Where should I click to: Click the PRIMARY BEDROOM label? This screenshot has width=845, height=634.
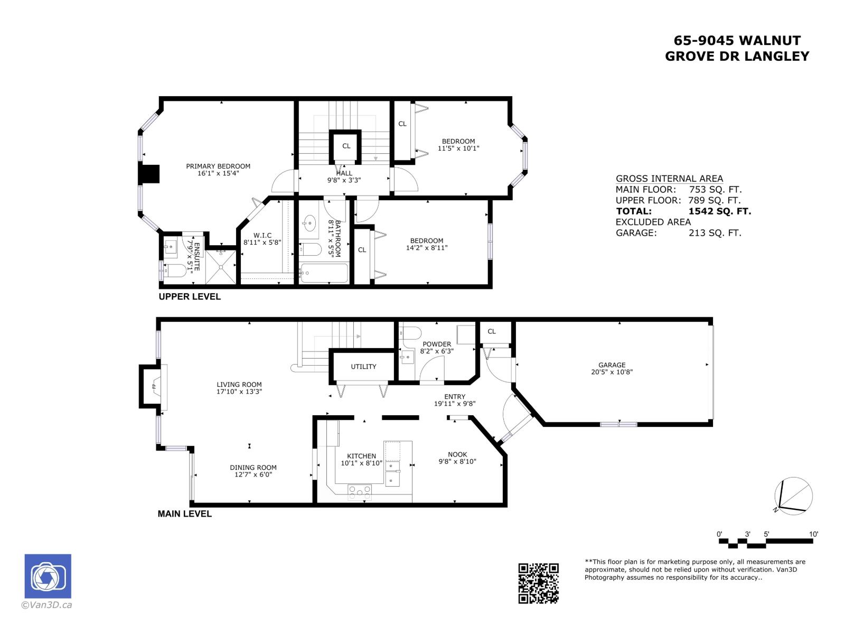[218, 166]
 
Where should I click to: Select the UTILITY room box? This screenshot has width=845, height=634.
[363, 367]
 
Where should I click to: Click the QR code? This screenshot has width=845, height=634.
[538, 583]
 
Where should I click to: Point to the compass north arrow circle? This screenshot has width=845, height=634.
[793, 496]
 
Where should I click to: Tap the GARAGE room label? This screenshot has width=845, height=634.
[612, 365]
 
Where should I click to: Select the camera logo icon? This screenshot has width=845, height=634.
[48, 576]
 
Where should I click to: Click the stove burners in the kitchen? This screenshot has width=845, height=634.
[360, 493]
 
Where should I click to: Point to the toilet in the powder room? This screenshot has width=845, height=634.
[411, 333]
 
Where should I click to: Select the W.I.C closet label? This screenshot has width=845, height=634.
[262, 236]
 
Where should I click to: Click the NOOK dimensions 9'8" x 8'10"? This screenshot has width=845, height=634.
[457, 461]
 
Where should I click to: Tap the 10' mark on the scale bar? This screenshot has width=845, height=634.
[813, 535]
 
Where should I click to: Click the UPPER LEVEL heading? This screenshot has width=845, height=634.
[190, 297]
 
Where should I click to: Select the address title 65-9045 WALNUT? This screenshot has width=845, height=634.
[737, 41]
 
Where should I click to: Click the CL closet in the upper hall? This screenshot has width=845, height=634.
[346, 146]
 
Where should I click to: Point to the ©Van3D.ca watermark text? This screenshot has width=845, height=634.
[46, 605]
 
